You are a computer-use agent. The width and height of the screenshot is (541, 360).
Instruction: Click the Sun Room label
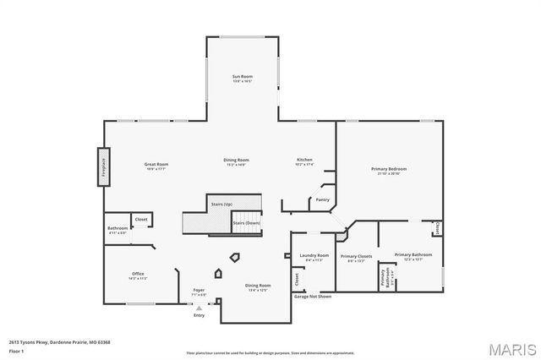point(243,77)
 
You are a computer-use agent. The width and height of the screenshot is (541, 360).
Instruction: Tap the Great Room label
point(156,164)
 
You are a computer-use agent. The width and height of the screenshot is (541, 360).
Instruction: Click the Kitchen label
point(304,160)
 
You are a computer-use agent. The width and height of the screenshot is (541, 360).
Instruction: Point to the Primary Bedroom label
point(390,169)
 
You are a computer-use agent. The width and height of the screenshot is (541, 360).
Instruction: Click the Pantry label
point(322,199)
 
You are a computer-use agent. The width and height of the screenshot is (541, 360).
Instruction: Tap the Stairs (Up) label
point(222,204)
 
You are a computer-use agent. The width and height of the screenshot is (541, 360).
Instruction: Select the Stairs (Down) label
point(247,223)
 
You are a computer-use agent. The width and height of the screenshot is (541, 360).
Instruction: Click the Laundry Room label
point(314,255)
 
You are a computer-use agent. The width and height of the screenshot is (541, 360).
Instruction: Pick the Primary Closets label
point(356,256)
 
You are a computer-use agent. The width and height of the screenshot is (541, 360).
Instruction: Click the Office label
point(138,274)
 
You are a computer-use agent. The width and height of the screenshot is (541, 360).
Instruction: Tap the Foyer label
point(199,290)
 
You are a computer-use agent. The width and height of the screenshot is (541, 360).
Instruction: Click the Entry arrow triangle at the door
point(199,308)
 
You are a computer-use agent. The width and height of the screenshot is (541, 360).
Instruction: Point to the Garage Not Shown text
point(312,297)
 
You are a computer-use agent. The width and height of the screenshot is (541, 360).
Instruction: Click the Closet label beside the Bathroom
point(141,219)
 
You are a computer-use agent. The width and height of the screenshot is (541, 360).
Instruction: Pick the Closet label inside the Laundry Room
point(297,277)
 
